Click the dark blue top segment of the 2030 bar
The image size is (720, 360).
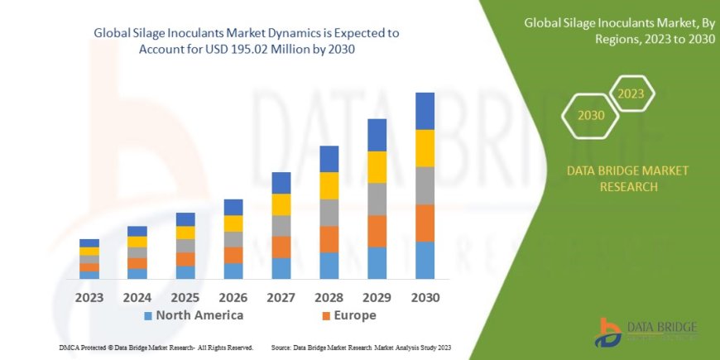click(425, 111)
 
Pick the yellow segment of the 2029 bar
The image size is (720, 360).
click(377, 167)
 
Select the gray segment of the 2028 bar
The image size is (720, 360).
click(329, 212)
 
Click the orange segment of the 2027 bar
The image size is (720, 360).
click(281, 247)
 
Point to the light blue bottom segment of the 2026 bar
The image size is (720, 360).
click(233, 271)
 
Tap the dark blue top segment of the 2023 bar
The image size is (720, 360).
click(89, 242)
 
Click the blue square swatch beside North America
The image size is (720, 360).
click(148, 316)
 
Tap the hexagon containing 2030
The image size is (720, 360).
click(590, 115)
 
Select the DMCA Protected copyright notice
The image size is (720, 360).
click(156, 348)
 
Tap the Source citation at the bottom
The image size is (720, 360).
click(361, 348)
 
